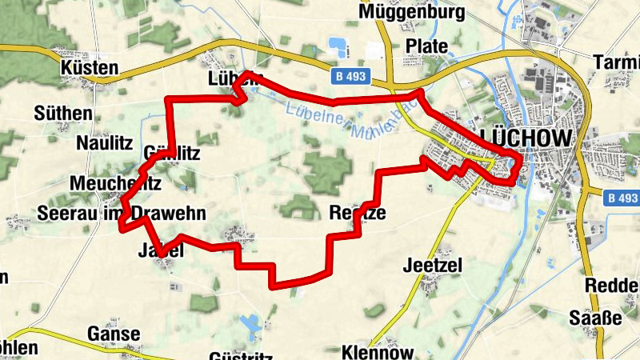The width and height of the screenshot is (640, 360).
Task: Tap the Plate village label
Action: pyautogui.click(x=426, y=46)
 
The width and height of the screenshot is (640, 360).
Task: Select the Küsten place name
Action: pyautogui.click(x=89, y=69)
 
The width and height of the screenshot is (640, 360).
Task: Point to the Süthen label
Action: pyautogui.click(x=63, y=113)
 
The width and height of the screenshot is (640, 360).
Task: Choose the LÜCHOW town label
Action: pyautogui.click(x=527, y=138)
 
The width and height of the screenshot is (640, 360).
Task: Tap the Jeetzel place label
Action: pyautogui.click(x=434, y=264)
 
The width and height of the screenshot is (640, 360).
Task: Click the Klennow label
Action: pyautogui.click(x=377, y=352)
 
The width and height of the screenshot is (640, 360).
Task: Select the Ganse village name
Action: pyautogui.click(x=114, y=334)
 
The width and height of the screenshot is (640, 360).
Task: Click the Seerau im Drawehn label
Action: pyautogui.click(x=122, y=213)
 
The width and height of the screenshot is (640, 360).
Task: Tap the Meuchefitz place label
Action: pyautogui.click(x=116, y=183)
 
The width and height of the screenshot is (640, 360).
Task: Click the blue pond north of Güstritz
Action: pyautogui.click(x=250, y=323)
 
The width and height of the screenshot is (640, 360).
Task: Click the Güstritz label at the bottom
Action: pyautogui.click(x=240, y=355)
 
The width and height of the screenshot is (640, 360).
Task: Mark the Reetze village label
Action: pyautogui.click(x=357, y=213)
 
